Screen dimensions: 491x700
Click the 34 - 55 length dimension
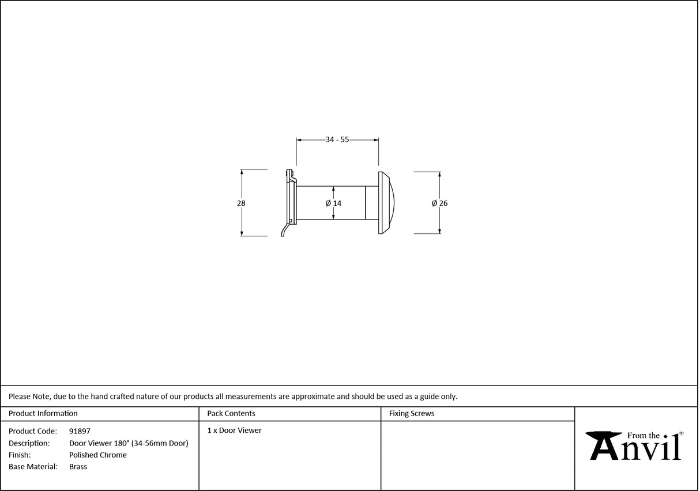[x=337, y=139]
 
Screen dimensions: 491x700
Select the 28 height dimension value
[x=241, y=203]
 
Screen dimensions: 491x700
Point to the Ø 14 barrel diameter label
[x=333, y=203]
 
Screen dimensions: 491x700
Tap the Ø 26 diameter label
[x=439, y=203]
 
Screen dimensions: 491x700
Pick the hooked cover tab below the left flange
[x=284, y=230]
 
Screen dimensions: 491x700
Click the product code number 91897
[x=80, y=430]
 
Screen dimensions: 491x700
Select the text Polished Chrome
[x=98, y=455]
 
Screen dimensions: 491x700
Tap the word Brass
[x=78, y=467]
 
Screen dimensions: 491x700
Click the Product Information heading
[x=43, y=413]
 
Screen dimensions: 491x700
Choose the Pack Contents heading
[x=231, y=413]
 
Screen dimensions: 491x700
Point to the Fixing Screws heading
[x=412, y=413]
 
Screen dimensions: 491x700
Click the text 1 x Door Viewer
[x=234, y=430]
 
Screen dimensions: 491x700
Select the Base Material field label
[x=33, y=467]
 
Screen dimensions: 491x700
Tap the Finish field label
[x=20, y=455]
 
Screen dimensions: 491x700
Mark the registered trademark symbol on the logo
[x=681, y=433]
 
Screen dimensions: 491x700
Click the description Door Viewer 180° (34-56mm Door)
[x=129, y=443]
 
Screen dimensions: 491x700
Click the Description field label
[x=29, y=443]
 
